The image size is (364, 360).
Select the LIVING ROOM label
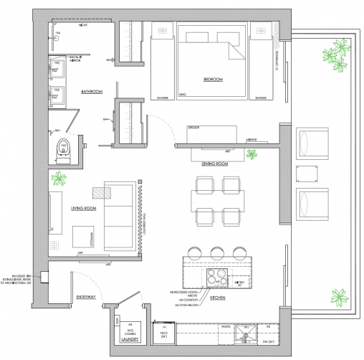coord(83,209)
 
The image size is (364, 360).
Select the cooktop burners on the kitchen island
coord(218,276)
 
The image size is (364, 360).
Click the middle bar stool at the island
coord(216,252)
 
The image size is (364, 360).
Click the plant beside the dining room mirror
coord(252,153)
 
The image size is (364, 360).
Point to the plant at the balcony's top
coord(331,54)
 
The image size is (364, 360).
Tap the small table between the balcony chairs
coord(309,172)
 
